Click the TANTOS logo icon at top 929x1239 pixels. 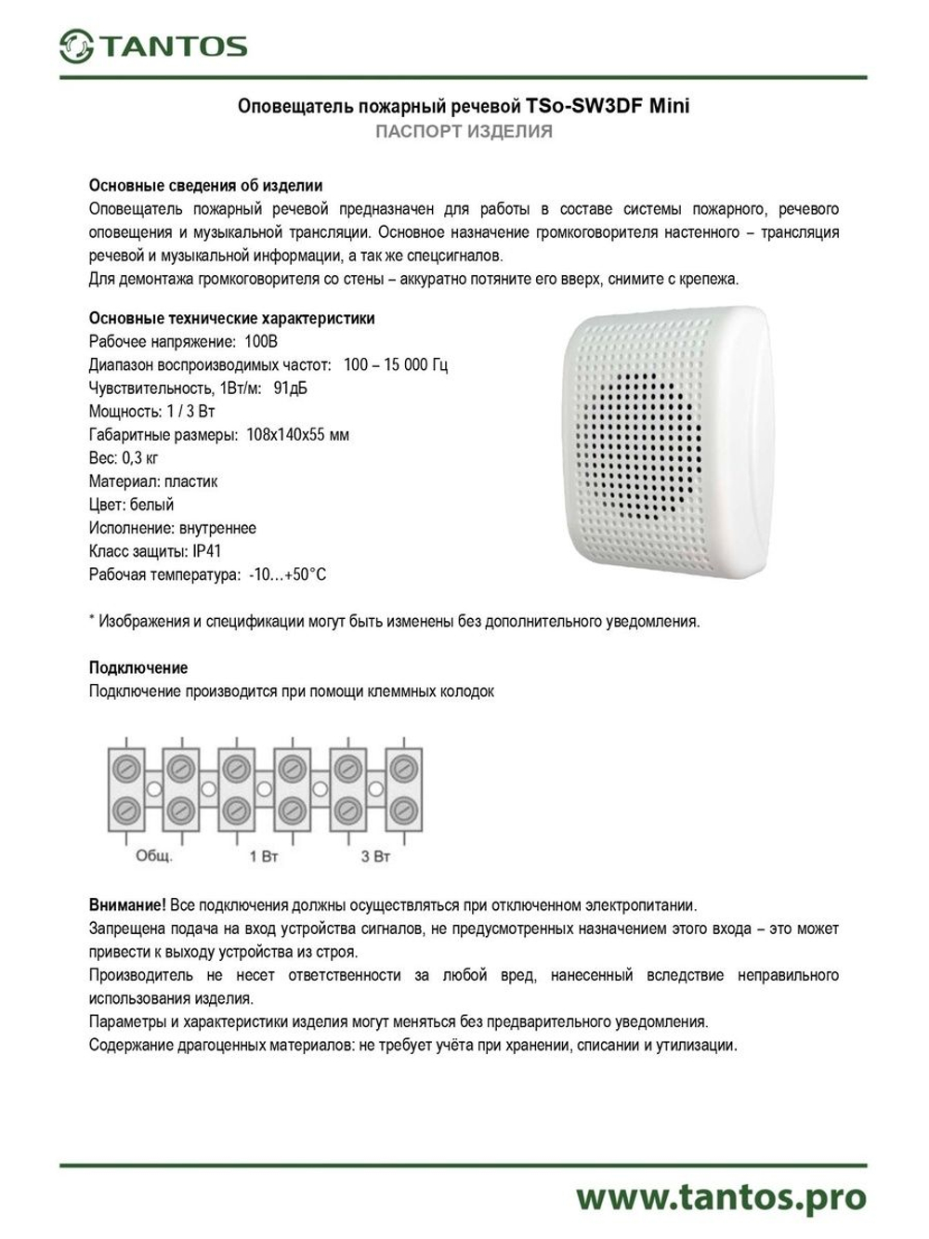click(76, 46)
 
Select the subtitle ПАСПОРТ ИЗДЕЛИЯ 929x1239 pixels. click(464, 132)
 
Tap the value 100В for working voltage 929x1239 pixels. click(261, 342)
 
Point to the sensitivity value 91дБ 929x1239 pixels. click(290, 389)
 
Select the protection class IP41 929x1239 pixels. click(207, 551)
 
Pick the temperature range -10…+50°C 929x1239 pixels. click(287, 574)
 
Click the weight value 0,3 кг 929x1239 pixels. click(140, 458)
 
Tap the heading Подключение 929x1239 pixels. click(137, 667)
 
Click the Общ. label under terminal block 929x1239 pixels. click(154, 855)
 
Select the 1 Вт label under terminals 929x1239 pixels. click(264, 855)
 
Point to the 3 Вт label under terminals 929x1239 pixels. click(374, 855)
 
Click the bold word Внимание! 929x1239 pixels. click(127, 904)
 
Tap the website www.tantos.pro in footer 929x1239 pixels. click(720, 1196)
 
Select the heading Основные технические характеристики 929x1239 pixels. click(231, 319)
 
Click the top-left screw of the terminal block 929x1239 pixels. click(126, 768)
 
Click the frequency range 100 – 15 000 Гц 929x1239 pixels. click(395, 365)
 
